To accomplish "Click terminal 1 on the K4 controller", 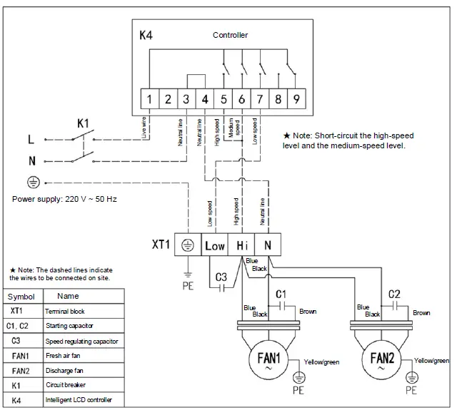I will pos(149,99).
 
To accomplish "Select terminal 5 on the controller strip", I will pos(224,99).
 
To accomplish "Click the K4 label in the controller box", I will pos(146,35).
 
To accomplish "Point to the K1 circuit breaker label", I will pos(84,123).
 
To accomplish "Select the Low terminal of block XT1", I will pos(214,246).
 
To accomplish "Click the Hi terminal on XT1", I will pos(241,246).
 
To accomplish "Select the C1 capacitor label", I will pos(281,293).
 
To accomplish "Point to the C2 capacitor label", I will pos(394,293).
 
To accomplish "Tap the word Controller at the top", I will pos(230,35).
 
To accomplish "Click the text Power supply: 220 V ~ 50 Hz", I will pos(64,199).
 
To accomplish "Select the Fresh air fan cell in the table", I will pos(62,356).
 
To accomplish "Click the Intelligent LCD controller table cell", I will pos(79,400).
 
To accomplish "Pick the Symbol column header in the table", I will pos(21,296).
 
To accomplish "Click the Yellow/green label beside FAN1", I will pos(322,362).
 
